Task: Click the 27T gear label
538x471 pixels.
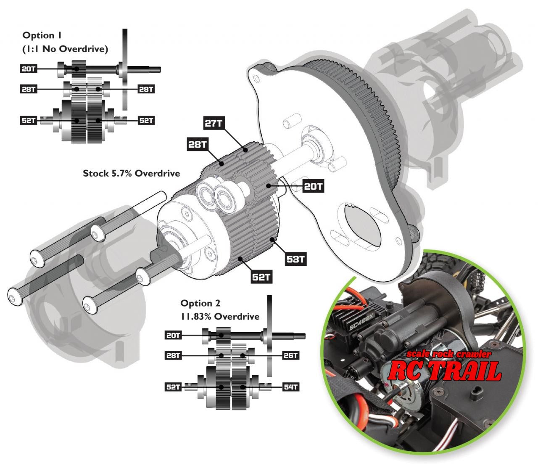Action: (214, 123)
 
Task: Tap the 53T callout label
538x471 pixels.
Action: (295, 259)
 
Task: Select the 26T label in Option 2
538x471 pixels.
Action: (290, 355)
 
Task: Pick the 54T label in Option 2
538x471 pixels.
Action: (290, 387)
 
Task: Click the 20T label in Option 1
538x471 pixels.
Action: (29, 69)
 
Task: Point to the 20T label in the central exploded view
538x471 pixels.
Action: (313, 186)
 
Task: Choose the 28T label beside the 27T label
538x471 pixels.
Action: (198, 145)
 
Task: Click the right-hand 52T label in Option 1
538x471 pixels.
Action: (146, 121)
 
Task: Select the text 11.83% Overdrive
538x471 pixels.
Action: (220, 316)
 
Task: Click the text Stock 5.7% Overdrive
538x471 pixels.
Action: (131, 173)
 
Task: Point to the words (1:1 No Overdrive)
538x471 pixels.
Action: (65, 49)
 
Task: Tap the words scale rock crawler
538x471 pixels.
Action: (448, 354)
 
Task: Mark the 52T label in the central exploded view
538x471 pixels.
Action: (261, 277)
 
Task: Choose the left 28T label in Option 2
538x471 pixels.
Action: (173, 355)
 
